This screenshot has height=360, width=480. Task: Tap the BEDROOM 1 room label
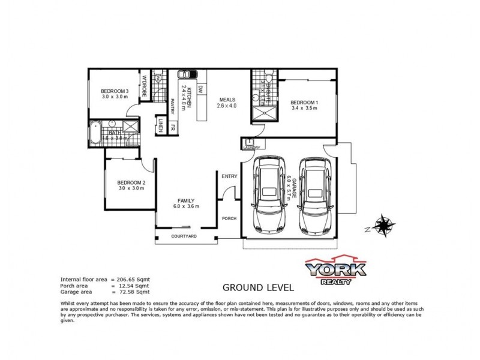pyautogui.click(x=304, y=103)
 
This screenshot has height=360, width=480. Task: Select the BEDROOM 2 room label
pyautogui.click(x=130, y=182)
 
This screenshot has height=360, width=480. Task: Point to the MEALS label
pyautogui.click(x=227, y=100)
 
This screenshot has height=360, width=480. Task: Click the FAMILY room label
pyautogui.click(x=185, y=201)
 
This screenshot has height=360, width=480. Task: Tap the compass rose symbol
pyautogui.click(x=383, y=226)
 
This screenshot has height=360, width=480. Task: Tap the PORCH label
pyautogui.click(x=229, y=218)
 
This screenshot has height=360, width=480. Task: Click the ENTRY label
pyautogui.click(x=229, y=176)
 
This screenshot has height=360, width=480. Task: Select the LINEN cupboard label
pyautogui.click(x=161, y=125)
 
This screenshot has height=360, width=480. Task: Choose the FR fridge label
pyautogui.click(x=172, y=127)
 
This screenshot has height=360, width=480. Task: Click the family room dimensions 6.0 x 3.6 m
pyautogui.click(x=185, y=207)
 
